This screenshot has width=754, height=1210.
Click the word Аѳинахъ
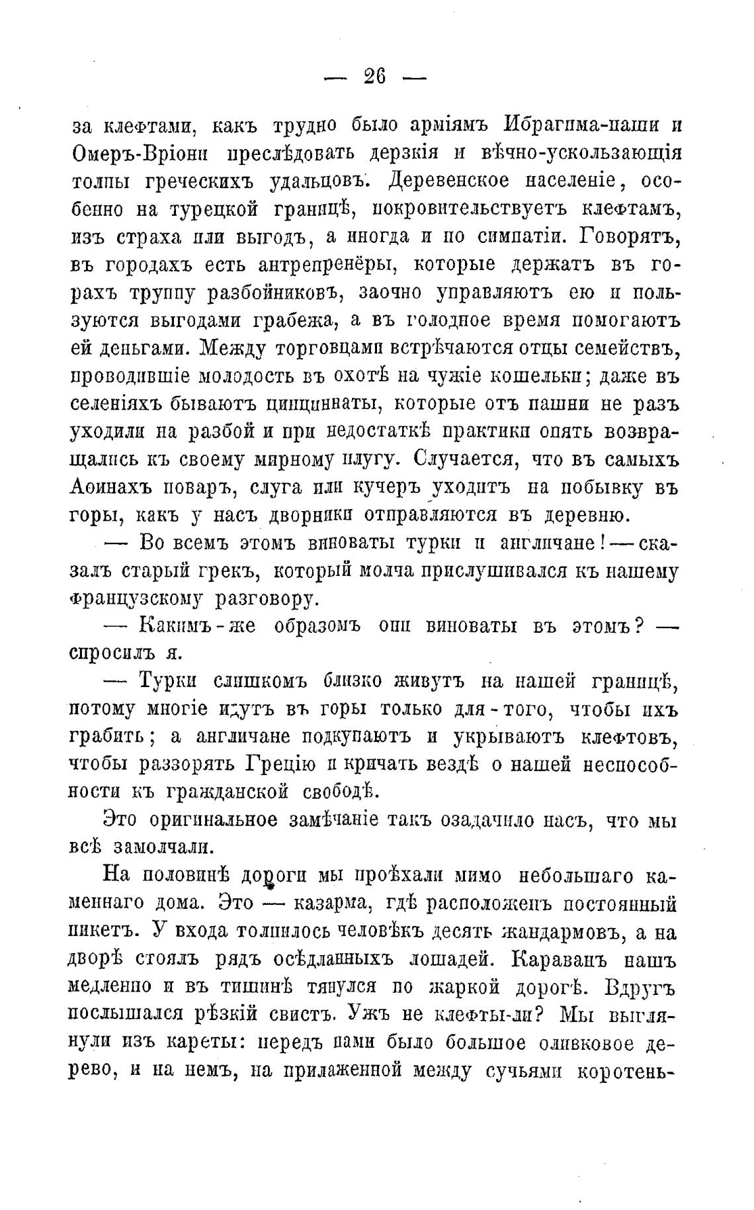click(x=113, y=488)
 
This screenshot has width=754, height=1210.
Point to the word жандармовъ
click(x=560, y=932)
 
